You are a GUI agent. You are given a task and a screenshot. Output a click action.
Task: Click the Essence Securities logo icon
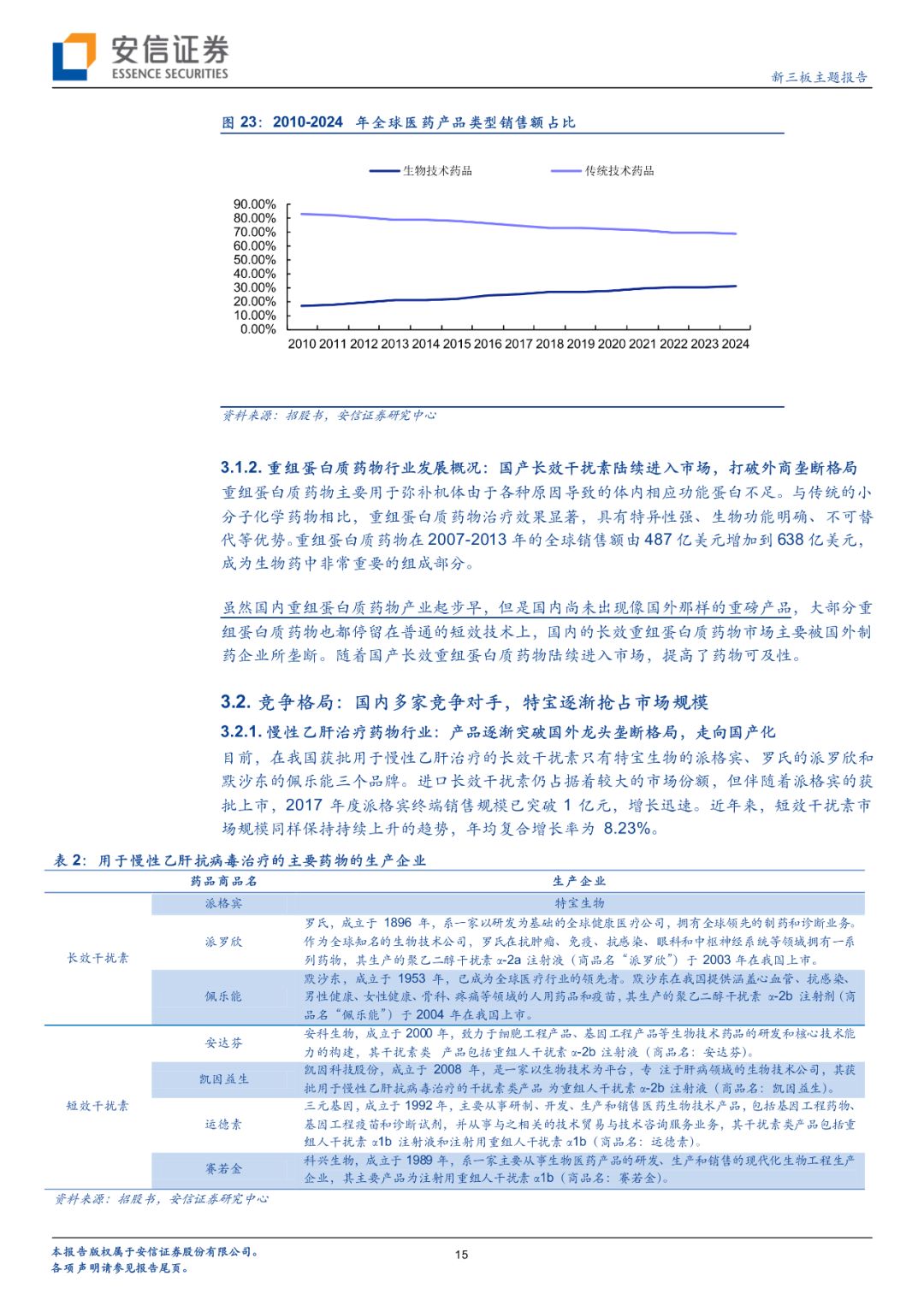click(x=74, y=56)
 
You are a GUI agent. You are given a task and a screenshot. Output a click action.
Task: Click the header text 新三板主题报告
click(x=819, y=77)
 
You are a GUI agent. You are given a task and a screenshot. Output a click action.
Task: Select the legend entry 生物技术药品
click(x=437, y=171)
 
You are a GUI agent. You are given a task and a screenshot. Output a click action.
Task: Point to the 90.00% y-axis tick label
click(x=255, y=204)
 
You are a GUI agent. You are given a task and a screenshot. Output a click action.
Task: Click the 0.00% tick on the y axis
click(x=258, y=329)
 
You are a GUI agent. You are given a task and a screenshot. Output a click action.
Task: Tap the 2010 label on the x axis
click(x=302, y=344)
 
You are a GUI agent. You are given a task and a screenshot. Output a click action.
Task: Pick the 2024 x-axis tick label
click(x=735, y=344)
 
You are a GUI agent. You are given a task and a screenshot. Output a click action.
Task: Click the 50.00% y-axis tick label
click(x=255, y=260)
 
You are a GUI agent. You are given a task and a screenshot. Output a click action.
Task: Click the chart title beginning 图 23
click(x=399, y=122)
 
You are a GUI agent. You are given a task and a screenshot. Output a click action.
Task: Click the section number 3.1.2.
click(x=240, y=468)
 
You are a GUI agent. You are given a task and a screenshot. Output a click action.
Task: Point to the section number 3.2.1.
click(x=240, y=732)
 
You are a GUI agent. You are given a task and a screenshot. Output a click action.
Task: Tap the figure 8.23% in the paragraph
click(x=627, y=828)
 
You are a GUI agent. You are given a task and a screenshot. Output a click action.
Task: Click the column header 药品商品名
click(x=223, y=881)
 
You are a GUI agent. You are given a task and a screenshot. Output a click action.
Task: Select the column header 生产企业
click(x=579, y=881)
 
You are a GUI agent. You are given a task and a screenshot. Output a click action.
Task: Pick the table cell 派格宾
click(x=223, y=903)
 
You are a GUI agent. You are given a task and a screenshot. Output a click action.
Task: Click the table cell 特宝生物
click(x=579, y=903)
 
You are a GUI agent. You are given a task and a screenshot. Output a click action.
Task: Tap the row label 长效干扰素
click(x=98, y=958)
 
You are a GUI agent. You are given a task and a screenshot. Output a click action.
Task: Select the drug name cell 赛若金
click(x=223, y=1168)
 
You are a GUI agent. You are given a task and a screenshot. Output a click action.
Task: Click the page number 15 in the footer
click(x=461, y=1255)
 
